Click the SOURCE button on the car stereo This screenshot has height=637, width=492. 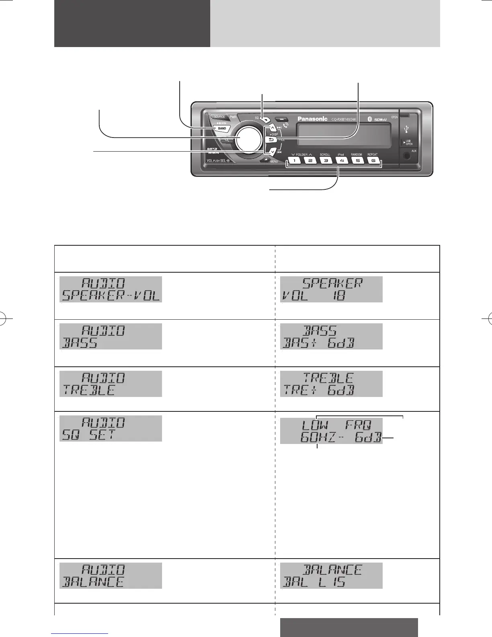pos(219,117)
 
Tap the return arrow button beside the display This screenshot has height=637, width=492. pos(271,140)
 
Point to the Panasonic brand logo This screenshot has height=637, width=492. pos(312,119)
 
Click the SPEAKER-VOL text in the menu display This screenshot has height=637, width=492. pos(111,296)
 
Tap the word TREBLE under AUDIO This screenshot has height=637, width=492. pos(89,390)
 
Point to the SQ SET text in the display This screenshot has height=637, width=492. pos(88,435)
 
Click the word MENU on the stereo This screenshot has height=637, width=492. pos(274,161)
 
